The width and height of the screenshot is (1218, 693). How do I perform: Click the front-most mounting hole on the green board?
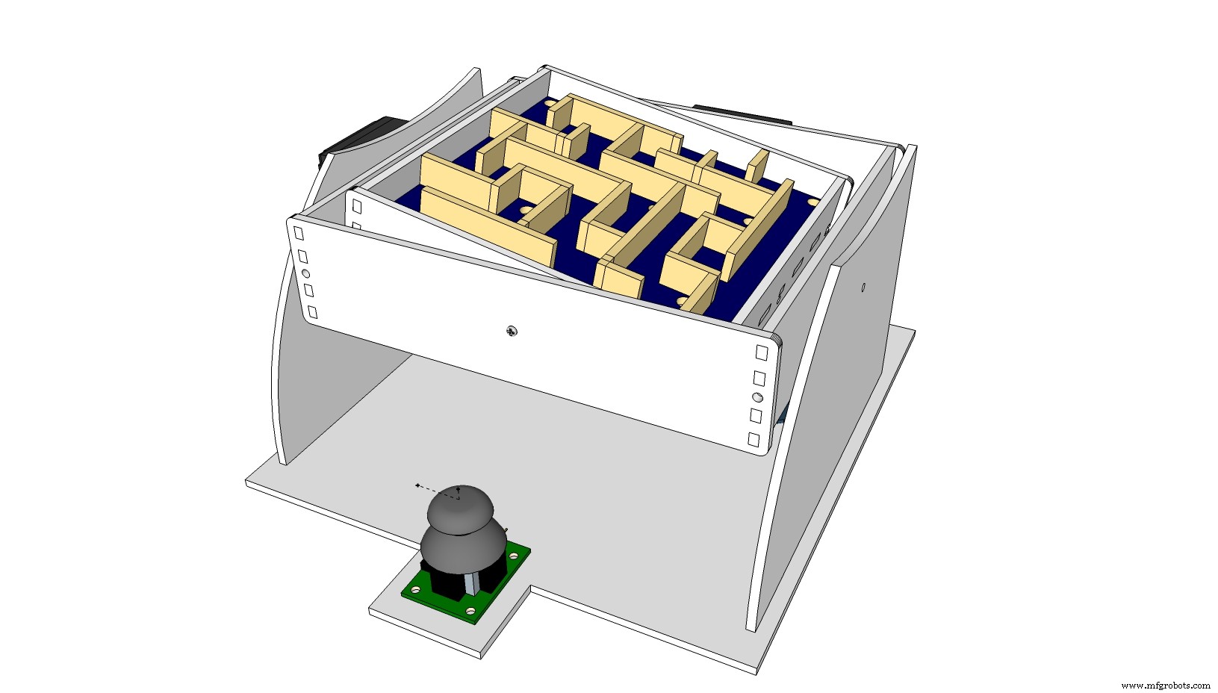coord(470,611)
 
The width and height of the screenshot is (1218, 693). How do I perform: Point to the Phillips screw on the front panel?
coord(512,330)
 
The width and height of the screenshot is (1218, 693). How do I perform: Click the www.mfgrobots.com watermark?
coord(1166,685)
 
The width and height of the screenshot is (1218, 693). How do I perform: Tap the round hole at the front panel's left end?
coord(305,273)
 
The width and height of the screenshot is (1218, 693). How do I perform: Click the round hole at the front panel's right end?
coord(758,397)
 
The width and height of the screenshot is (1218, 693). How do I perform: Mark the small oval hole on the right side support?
coord(863,287)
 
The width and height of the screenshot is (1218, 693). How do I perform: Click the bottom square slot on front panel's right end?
coord(754,440)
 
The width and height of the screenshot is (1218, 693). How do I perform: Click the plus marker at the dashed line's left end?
coord(417,485)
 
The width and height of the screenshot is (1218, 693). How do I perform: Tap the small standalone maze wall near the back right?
coord(756,165)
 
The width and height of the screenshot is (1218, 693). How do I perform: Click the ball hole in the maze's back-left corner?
coord(550,102)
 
